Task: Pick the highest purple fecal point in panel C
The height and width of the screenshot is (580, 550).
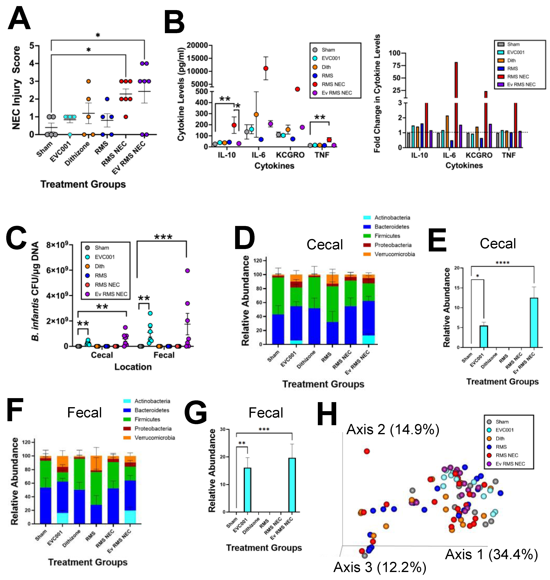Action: [x=187, y=271]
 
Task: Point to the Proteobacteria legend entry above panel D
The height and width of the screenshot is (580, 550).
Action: [x=393, y=245]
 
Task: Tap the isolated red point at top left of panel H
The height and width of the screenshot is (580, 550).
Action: [x=367, y=451]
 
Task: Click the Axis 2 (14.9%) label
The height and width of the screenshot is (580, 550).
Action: [x=393, y=430]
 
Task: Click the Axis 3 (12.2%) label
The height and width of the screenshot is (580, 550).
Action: [x=380, y=567]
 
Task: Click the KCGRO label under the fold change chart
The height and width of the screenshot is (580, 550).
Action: [x=479, y=155]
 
